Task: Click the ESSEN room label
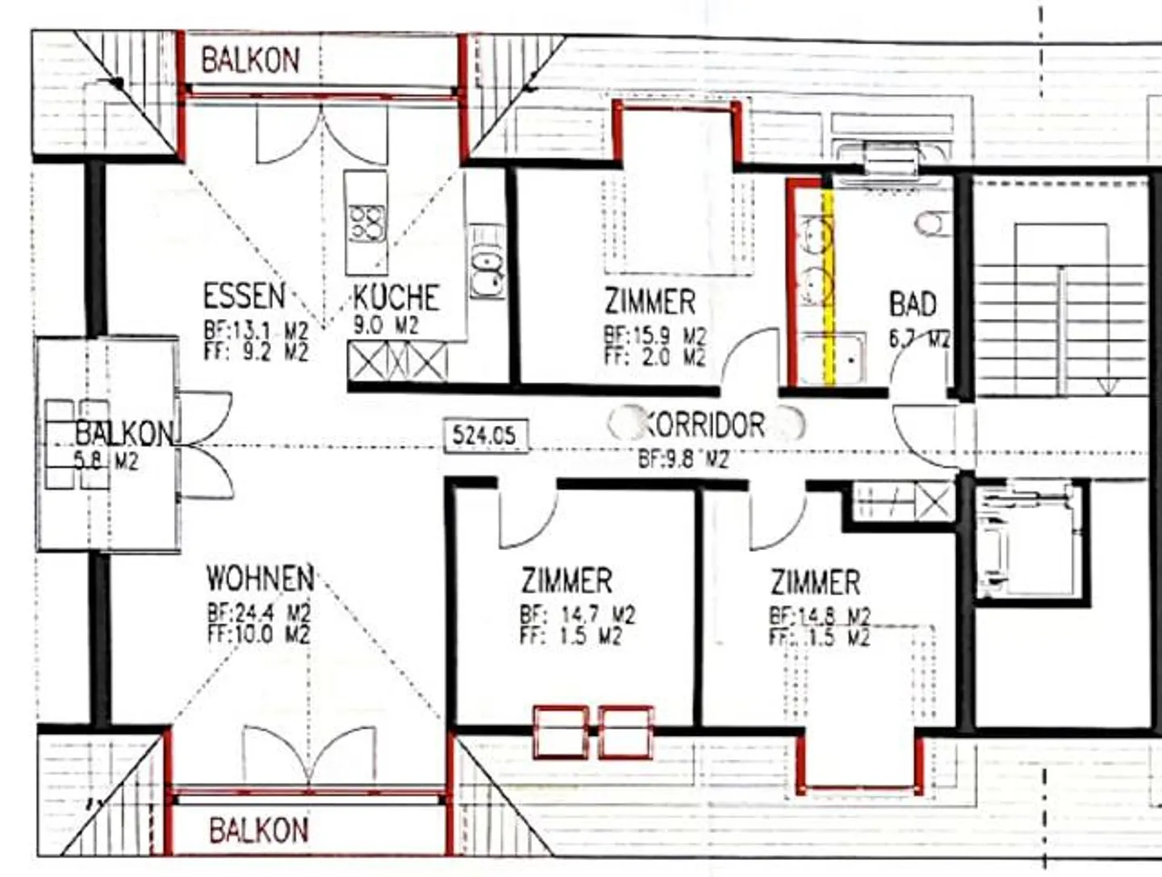coord(244,296)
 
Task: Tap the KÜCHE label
coord(396,298)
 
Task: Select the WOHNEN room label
coord(260,578)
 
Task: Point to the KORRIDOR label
coord(704,424)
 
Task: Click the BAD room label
coord(913,304)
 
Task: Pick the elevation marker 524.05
coord(484,436)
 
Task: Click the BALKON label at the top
coord(250,60)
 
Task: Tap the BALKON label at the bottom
coord(258,830)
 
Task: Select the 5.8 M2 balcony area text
coord(107,462)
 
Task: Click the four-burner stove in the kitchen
coord(366,223)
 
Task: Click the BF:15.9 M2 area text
coord(654,336)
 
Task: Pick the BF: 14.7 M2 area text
coord(577,616)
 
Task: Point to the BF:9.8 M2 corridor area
coord(683,459)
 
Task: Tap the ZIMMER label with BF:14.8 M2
coord(815,583)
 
